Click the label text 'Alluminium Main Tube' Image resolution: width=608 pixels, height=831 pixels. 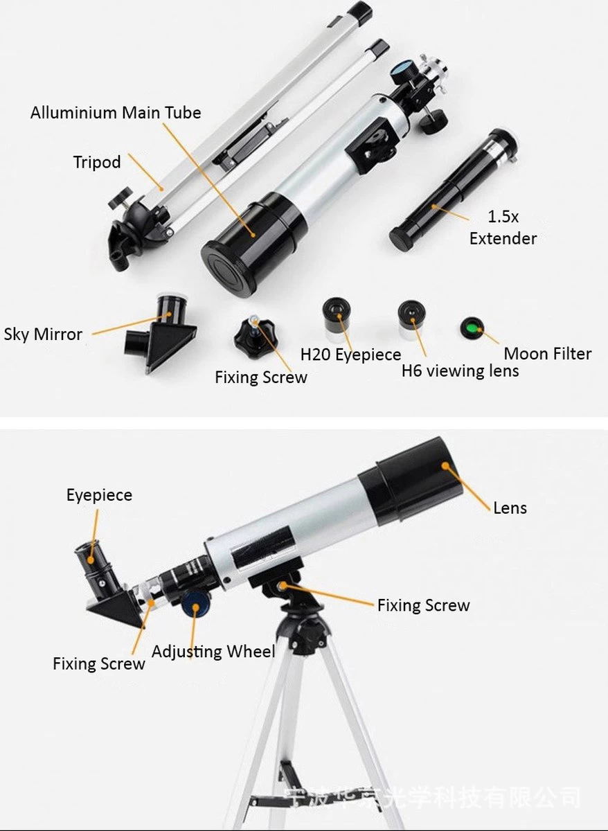pos(116,112)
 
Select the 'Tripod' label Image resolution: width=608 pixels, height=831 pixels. pos(97,162)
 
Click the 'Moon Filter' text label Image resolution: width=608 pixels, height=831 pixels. pos(547,354)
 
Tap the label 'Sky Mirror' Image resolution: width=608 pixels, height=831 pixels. pos(43,334)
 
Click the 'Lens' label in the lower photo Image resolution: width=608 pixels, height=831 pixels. pos(510,508)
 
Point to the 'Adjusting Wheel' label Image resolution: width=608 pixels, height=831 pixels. pos(213,652)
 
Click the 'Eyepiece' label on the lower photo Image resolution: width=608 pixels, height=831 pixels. pos(99,495)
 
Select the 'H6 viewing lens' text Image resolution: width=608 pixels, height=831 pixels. pos(460,371)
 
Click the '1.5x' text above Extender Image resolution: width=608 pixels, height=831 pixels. pos(503,217)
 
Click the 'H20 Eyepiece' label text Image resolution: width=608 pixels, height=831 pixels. pos(350,355)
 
